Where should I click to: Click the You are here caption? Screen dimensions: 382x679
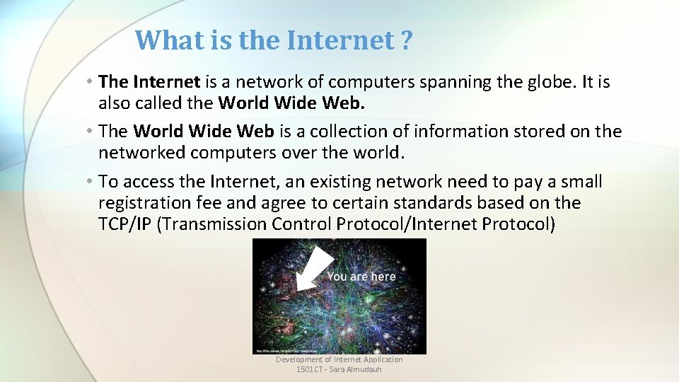pyautogui.click(x=361, y=277)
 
